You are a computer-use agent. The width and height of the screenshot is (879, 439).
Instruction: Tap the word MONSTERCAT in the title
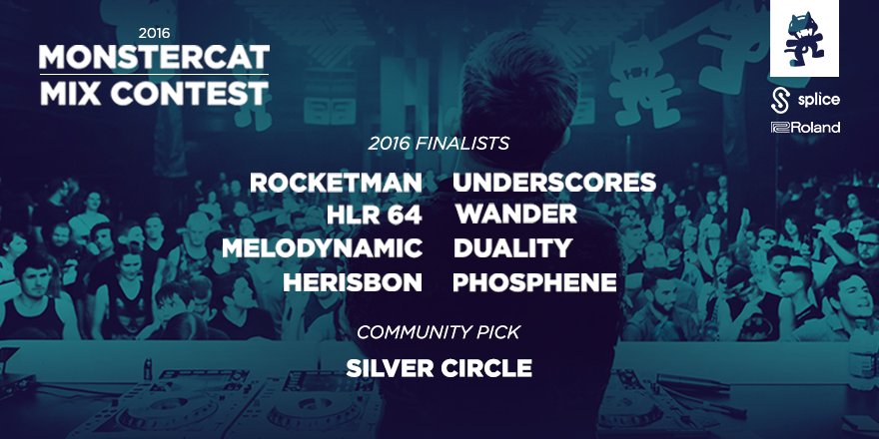click(154, 59)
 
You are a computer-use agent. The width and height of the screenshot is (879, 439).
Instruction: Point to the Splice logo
click(804, 101)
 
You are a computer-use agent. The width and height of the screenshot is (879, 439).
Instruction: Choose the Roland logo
click(804, 128)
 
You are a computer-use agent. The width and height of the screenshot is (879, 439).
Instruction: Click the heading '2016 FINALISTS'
click(439, 144)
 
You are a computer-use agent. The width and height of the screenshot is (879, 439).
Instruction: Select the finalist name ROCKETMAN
click(336, 184)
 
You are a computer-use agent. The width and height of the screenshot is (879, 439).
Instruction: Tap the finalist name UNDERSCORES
click(554, 184)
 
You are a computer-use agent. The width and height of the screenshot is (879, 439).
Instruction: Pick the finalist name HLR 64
click(375, 216)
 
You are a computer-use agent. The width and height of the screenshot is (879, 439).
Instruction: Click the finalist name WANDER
click(515, 216)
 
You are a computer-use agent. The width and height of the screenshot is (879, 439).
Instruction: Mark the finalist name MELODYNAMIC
click(322, 248)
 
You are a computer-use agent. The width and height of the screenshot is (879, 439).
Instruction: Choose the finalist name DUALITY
click(512, 248)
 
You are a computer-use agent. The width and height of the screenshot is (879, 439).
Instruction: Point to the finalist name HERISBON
click(353, 282)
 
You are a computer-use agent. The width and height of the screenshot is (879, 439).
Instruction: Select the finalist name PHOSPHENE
click(534, 282)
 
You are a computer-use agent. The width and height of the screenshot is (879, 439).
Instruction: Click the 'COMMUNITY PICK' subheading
click(439, 332)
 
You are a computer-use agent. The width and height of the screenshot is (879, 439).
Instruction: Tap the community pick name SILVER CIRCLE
click(439, 368)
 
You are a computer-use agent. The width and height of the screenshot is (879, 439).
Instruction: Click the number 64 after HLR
click(405, 216)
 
